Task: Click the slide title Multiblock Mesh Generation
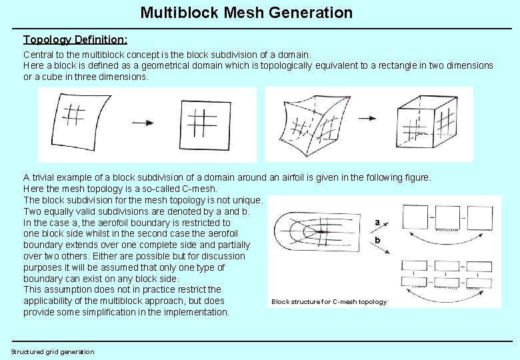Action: pyautogui.click(x=247, y=12)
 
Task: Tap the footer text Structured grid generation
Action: pyautogui.click(x=53, y=351)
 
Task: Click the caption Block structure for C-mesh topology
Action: pyautogui.click(x=329, y=302)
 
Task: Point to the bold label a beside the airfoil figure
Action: pyautogui.click(x=377, y=222)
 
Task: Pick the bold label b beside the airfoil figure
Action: pyautogui.click(x=377, y=239)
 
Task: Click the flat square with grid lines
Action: pyautogui.click(x=201, y=125)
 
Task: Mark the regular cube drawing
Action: pyautogui.click(x=427, y=122)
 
